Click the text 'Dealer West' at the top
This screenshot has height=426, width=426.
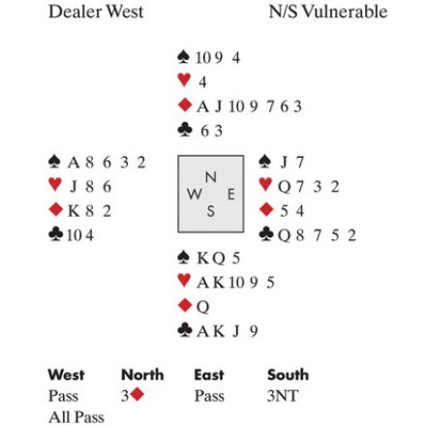96,12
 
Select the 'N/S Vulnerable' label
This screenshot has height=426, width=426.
328,12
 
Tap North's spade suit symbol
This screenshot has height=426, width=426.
184,57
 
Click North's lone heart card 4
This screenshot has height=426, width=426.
202,82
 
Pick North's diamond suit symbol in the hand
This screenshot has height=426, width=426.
185,106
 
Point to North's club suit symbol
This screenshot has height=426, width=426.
184,130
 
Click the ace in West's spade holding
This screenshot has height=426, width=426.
74,163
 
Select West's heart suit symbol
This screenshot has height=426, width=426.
55,185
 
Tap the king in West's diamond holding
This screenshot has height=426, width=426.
74,211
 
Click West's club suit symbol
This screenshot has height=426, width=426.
55,234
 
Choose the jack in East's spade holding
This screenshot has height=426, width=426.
284,163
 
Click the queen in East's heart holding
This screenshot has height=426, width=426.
285,187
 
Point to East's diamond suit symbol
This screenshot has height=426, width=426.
266,209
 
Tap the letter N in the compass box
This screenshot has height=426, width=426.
210,177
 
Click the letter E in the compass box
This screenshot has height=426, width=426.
231,195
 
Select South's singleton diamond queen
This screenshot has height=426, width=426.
203,307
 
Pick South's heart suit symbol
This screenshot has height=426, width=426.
184,280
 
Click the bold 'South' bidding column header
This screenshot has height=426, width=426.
288,375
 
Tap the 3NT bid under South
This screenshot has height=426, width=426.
283,396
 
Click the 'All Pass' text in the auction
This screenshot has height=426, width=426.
76,417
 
